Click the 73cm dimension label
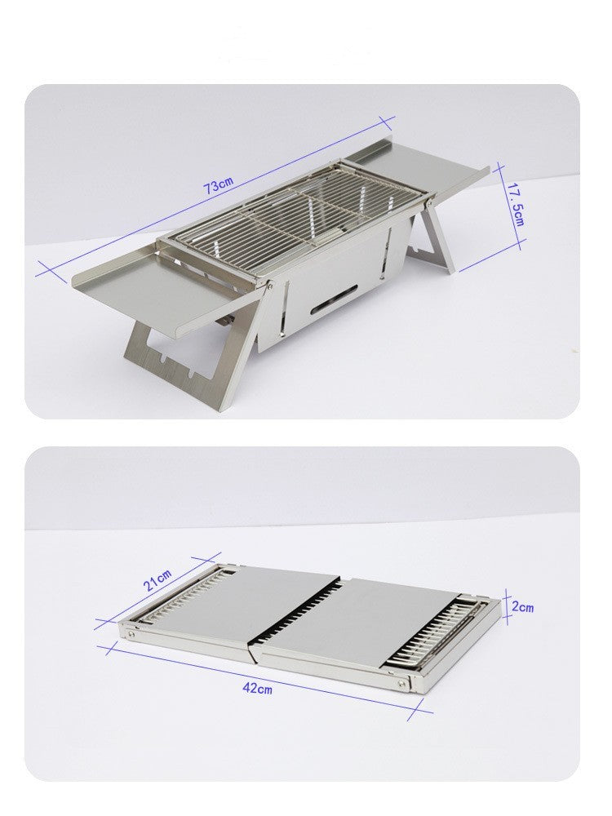tap(219, 186)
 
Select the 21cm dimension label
tap(158, 582)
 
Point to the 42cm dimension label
tap(258, 688)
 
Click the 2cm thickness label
tap(523, 608)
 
